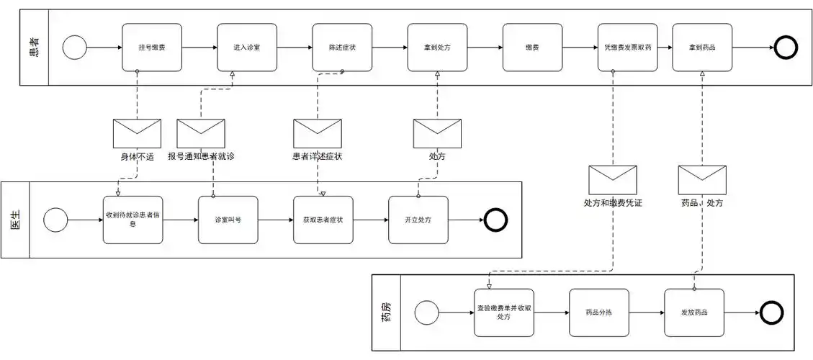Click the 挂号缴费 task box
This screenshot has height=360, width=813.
point(151,48)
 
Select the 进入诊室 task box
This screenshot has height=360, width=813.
point(247,48)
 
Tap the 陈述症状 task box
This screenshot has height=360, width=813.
point(342,48)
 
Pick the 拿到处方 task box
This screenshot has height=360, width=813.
point(437,48)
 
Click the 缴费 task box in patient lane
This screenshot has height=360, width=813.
point(532,48)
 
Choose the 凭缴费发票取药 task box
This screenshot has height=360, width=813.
point(627,48)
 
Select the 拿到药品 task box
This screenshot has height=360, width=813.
point(702,48)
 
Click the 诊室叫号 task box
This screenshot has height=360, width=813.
point(228,220)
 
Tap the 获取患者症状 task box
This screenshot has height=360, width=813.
point(323,220)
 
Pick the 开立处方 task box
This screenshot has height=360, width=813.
point(418,220)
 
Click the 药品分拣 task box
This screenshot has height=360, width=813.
point(598,312)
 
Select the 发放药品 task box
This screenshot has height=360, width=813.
point(694,312)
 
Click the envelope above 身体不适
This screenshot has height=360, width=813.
point(137,133)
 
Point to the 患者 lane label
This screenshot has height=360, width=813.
point(34,48)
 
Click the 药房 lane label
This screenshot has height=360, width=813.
point(386,312)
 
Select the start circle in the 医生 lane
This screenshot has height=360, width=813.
point(55,220)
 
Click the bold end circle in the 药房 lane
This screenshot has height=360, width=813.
point(771,312)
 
